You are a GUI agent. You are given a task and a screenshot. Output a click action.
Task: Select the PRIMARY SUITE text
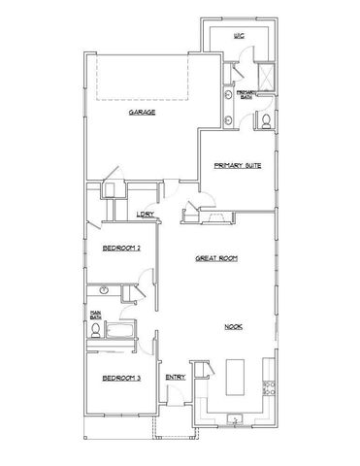pyautogui.click(x=238, y=165)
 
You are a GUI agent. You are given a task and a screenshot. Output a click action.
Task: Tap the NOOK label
pyautogui.click(x=233, y=327)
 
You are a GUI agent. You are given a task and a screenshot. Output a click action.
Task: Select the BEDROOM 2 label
pyautogui.click(x=122, y=249)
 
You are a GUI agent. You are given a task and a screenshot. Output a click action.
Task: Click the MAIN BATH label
pyautogui.click(x=94, y=315)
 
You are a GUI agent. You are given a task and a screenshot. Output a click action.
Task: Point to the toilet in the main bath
pyautogui.click(x=94, y=331)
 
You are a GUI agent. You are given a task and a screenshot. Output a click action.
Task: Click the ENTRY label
pyautogui.click(x=176, y=378)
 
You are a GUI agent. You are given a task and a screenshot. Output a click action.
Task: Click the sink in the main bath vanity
pyautogui.click(x=102, y=289)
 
